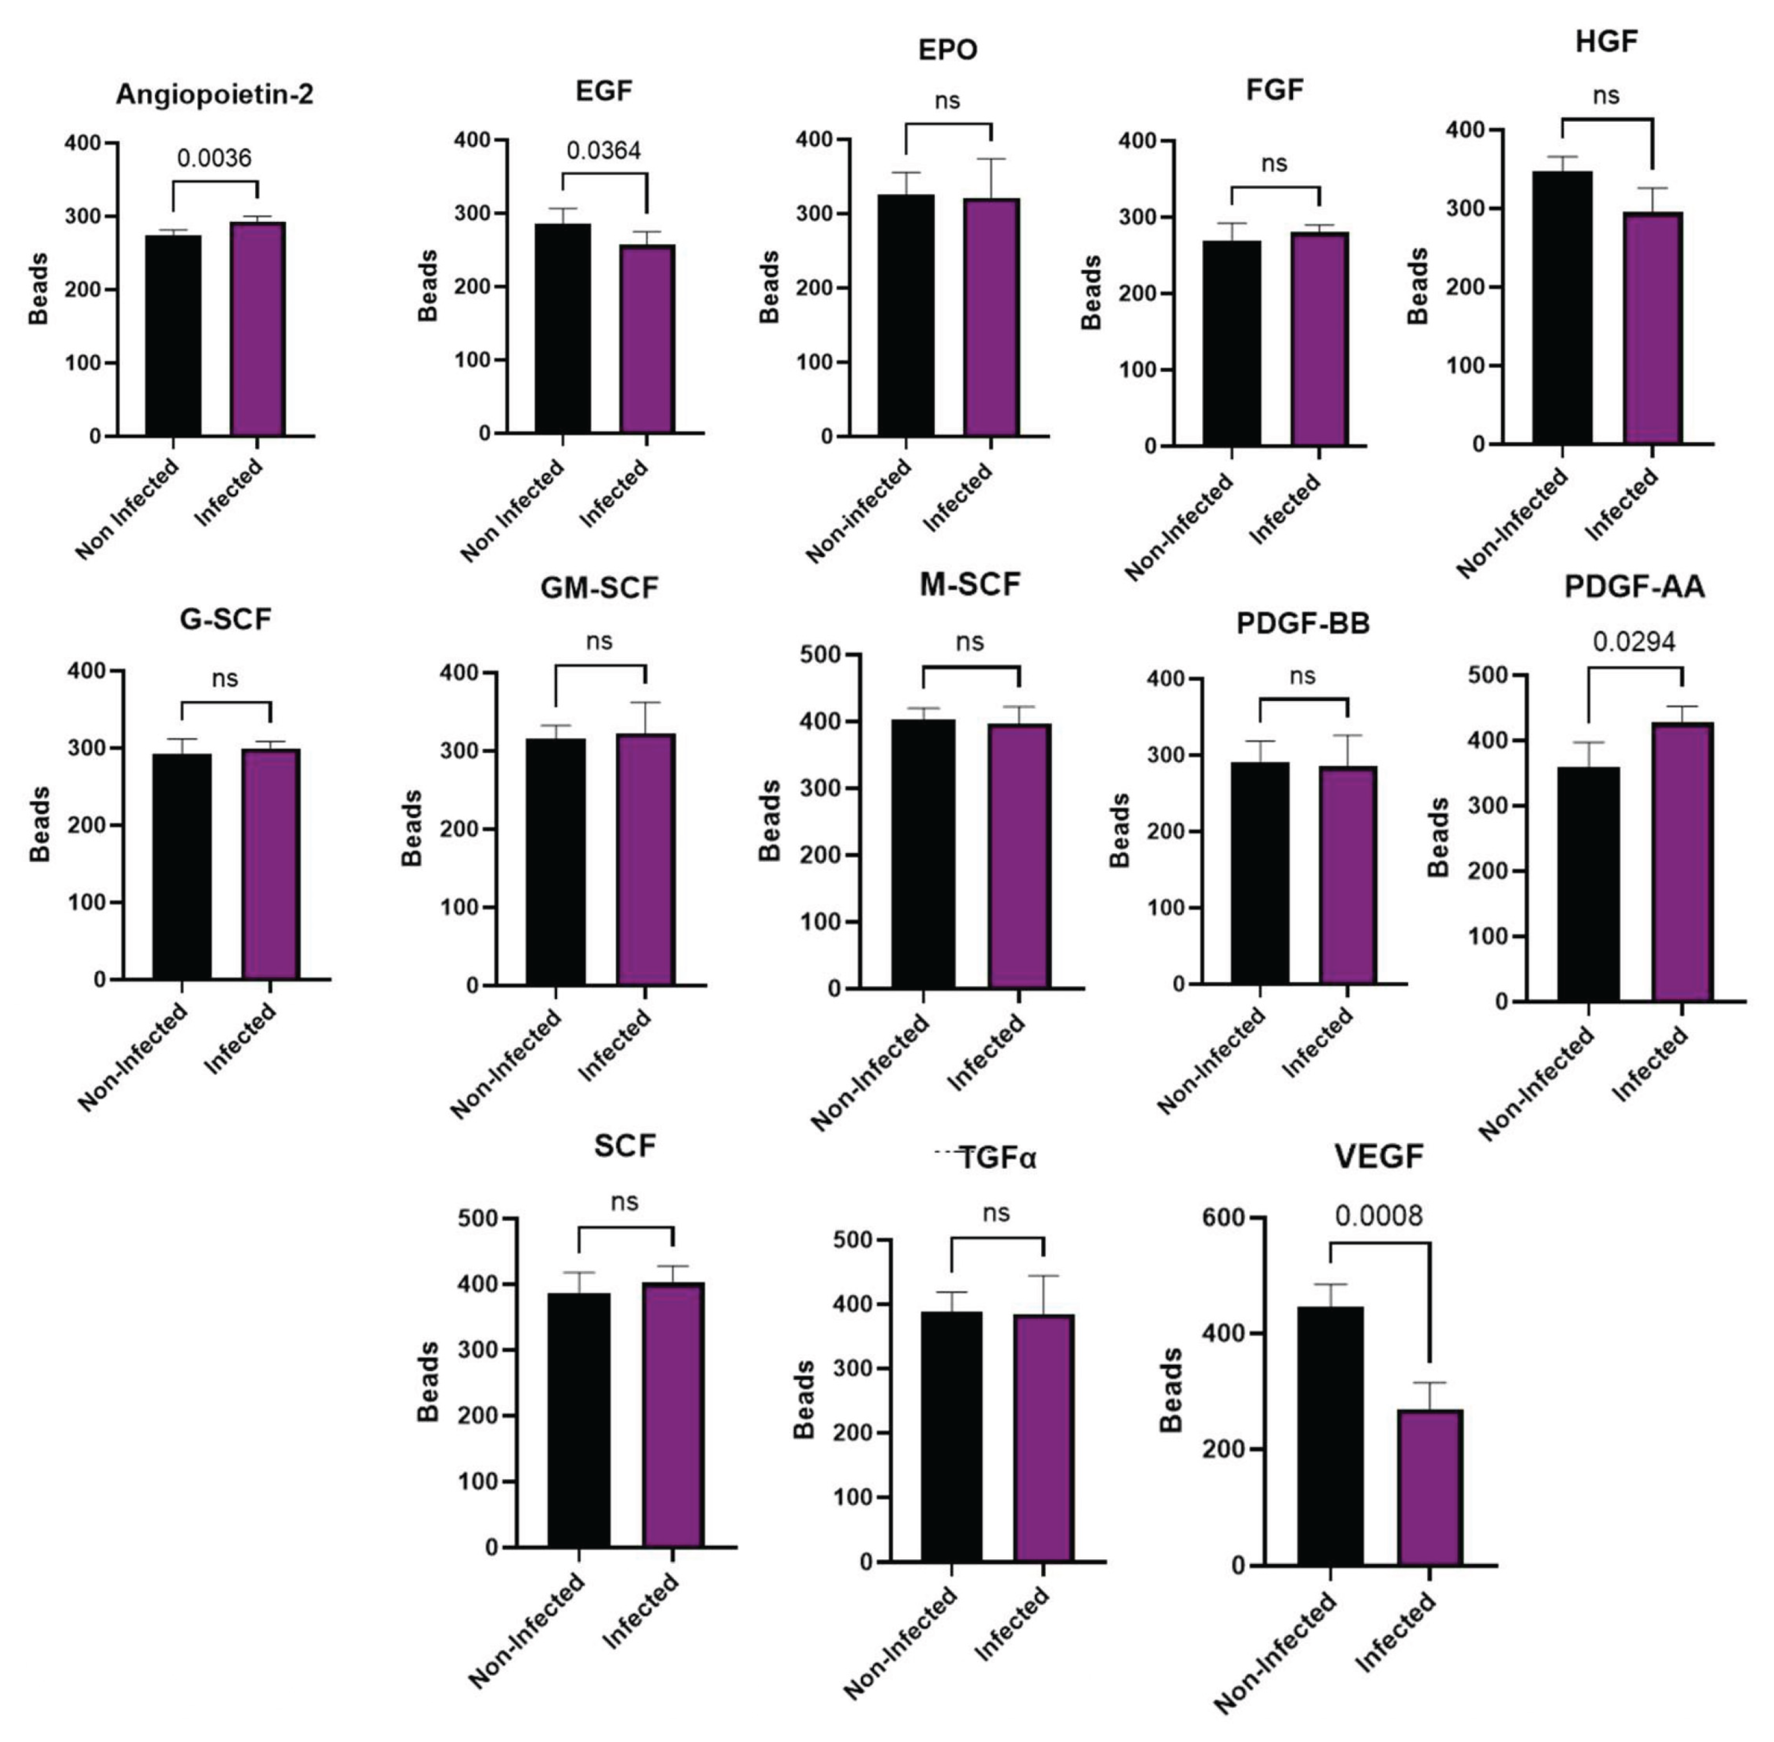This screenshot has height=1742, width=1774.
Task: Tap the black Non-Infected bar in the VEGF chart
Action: (x=1330, y=1436)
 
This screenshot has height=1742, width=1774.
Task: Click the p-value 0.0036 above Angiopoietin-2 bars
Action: (x=214, y=158)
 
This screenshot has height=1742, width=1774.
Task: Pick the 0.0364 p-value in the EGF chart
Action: (x=604, y=151)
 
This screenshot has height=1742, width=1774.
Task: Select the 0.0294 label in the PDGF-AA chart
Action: (x=1634, y=642)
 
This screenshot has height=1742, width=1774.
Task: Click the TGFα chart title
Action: (x=997, y=1159)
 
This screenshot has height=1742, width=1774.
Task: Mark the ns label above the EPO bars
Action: (x=948, y=101)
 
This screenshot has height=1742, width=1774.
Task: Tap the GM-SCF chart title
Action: (x=599, y=588)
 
